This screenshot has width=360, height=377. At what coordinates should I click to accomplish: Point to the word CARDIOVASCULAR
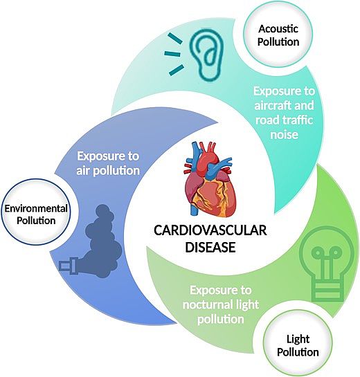(210, 230)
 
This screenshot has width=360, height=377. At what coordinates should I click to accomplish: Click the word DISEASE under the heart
(210, 247)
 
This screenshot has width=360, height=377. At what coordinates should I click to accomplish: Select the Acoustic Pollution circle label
(278, 35)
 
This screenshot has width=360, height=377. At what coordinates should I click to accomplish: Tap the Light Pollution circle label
(298, 345)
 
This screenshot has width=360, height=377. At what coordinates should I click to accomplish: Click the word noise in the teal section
(285, 134)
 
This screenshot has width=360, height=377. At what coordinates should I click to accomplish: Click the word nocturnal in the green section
(206, 305)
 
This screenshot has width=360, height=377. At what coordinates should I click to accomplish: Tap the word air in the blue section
(83, 171)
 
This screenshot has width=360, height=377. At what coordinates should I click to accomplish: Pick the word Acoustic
(278, 28)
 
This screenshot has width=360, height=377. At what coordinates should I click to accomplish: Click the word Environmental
(36, 208)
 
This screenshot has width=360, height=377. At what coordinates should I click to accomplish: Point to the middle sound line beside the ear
(172, 54)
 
